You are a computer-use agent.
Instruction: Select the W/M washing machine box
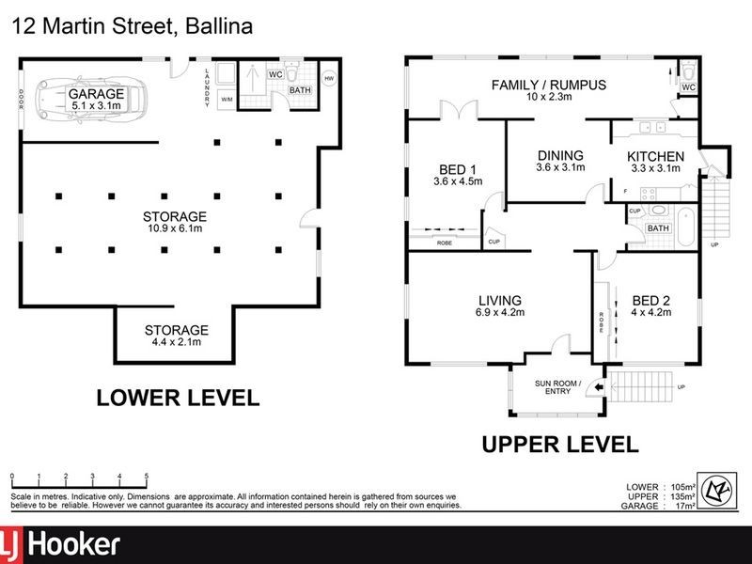click(227, 98)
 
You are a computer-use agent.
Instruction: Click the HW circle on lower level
click(329, 79)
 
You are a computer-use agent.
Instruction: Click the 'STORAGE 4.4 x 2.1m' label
click(176, 336)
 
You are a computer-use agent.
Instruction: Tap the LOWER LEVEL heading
click(178, 398)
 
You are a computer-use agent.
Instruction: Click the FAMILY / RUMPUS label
click(549, 90)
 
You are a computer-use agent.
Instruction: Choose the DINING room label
click(560, 161)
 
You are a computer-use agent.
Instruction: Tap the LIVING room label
click(499, 306)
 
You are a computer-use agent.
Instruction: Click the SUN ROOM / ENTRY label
click(557, 387)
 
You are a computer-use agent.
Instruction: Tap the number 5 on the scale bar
click(147, 477)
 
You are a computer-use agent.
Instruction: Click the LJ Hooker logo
click(62, 544)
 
